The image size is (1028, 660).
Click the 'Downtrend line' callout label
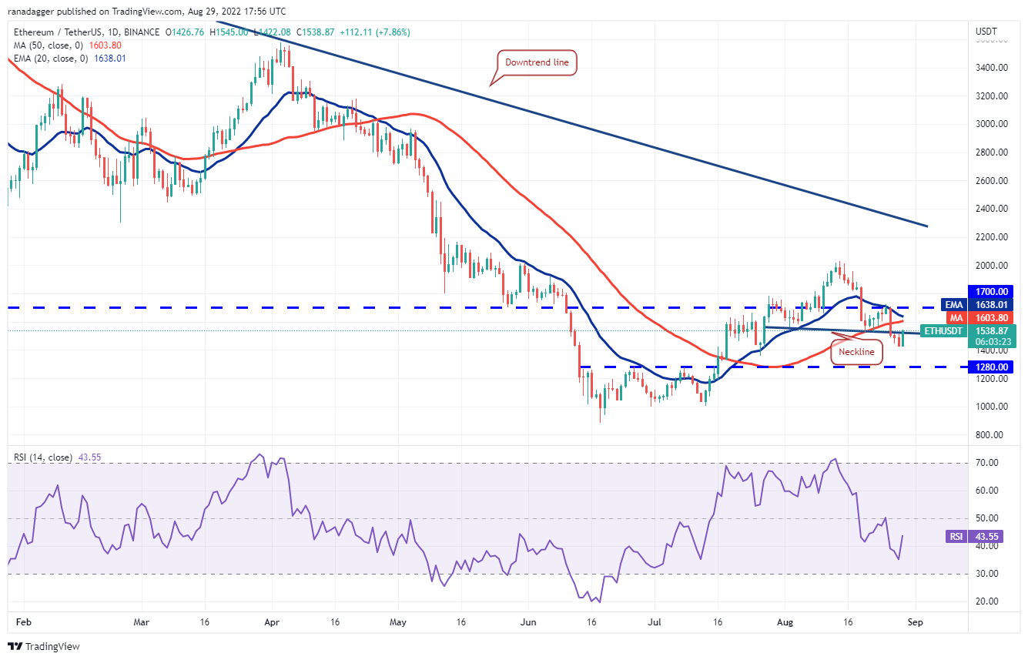tap(536, 62)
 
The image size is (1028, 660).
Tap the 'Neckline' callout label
tap(856, 352)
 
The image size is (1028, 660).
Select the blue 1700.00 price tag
tap(993, 292)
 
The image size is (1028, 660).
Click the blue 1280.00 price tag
tap(993, 367)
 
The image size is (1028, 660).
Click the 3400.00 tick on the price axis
tap(993, 68)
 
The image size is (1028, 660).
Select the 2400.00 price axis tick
tap(993, 209)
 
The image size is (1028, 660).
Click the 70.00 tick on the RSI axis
tap(987, 463)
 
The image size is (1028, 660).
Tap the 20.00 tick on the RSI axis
tap(987, 601)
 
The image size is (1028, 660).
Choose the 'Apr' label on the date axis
tap(270, 621)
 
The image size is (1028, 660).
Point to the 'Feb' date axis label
tap(23, 621)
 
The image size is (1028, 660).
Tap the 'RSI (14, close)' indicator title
tap(43, 457)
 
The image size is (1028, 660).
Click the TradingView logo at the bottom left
tap(44, 646)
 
